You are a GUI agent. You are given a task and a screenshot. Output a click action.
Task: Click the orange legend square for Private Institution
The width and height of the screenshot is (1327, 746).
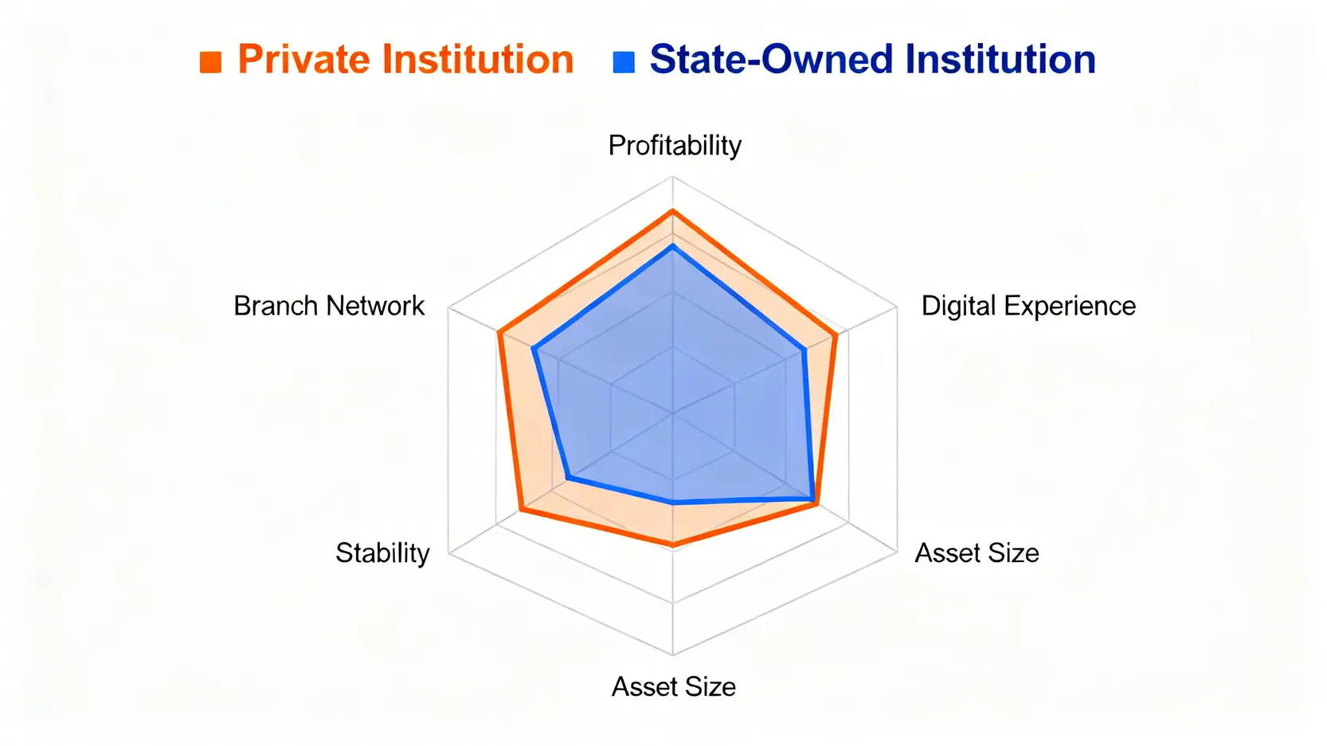click(210, 62)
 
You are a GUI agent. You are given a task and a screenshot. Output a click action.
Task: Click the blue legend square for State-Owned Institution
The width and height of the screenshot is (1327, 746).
click(624, 62)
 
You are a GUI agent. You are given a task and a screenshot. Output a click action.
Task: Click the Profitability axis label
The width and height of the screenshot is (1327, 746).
click(675, 146)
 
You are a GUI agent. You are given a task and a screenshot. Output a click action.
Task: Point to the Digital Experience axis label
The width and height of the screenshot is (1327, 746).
click(1028, 306)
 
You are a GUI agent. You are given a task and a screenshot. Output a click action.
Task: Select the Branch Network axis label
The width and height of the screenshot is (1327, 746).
click(329, 306)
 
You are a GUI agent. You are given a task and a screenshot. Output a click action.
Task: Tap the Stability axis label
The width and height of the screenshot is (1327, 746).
click(382, 553)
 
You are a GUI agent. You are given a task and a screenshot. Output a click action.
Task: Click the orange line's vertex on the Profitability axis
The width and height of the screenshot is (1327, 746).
click(672, 211)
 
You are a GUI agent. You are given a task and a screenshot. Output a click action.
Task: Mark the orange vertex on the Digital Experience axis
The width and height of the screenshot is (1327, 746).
click(836, 336)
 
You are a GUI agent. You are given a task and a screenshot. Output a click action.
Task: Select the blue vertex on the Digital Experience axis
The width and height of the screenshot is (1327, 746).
click(804, 350)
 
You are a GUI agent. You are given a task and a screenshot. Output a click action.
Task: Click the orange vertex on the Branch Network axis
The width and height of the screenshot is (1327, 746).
click(499, 334)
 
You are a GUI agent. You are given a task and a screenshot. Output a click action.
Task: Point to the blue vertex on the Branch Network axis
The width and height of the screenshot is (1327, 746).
click(534, 350)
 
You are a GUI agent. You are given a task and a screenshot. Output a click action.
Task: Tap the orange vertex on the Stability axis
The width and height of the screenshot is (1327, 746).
click(521, 509)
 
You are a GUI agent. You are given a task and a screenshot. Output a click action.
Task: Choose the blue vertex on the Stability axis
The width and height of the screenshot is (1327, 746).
click(568, 477)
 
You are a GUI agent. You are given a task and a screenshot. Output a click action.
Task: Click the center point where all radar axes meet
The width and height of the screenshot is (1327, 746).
click(673, 412)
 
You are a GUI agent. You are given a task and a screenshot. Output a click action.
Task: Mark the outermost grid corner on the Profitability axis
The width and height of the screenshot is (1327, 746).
click(672, 177)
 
